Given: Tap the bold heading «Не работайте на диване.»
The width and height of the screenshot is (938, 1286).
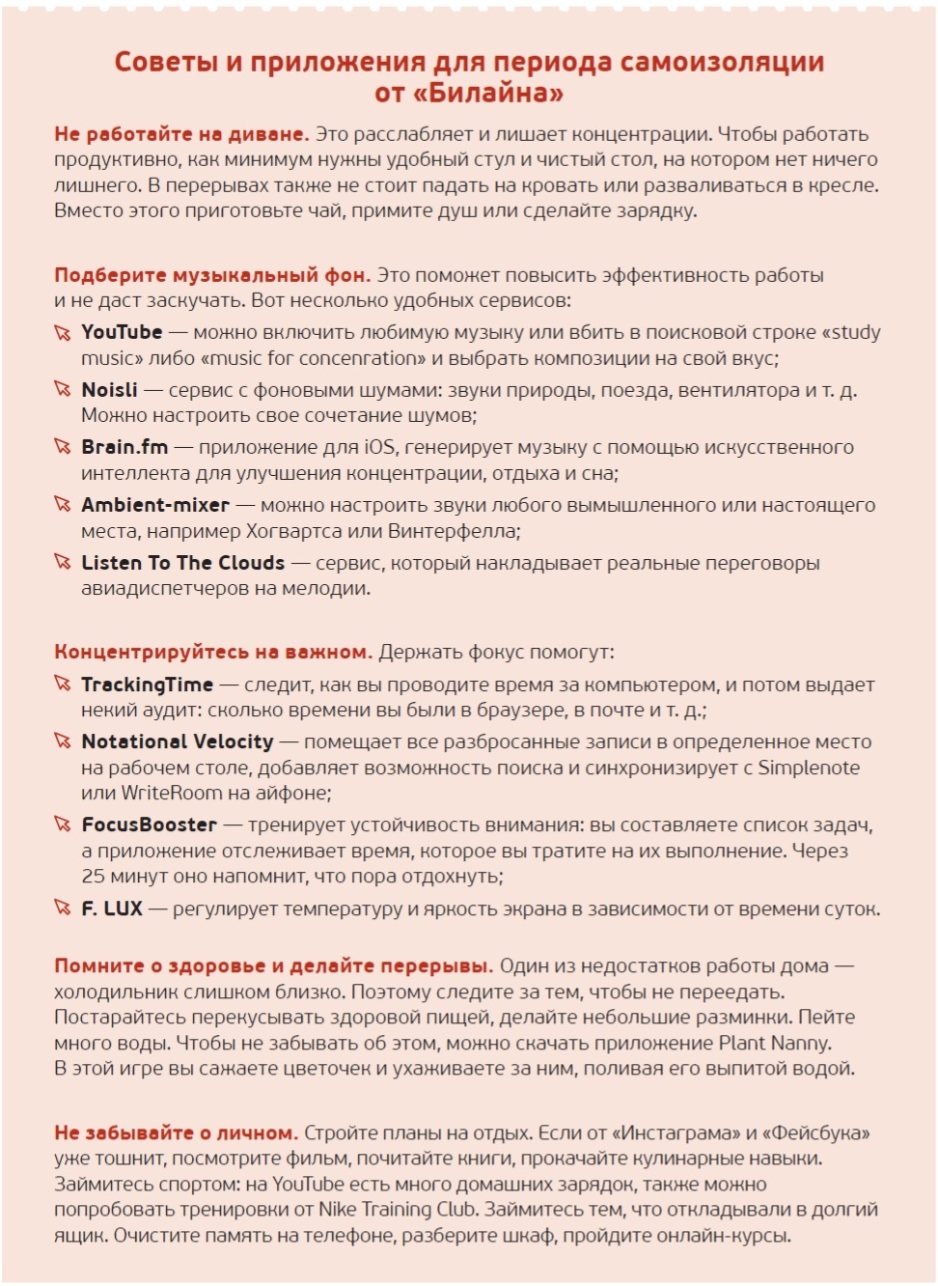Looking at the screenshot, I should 181,134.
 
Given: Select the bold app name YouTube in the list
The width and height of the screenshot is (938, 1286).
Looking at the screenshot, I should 122,332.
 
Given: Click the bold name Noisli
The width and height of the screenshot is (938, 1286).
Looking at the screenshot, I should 109,390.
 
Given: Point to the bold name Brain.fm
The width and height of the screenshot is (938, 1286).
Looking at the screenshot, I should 124,447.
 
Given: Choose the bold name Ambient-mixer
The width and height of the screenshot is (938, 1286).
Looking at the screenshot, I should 155,505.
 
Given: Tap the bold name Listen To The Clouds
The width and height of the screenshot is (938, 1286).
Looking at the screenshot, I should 182,563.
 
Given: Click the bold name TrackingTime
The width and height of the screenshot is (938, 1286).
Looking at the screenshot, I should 147,685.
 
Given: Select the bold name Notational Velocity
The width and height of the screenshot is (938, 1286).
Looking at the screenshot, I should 178,741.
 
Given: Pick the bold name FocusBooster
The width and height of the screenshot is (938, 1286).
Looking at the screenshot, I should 149,825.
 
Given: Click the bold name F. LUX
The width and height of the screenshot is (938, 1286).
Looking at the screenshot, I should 112,909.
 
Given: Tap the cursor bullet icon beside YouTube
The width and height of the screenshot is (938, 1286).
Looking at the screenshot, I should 63,333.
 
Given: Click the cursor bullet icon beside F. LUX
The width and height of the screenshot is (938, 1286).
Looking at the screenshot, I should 63,909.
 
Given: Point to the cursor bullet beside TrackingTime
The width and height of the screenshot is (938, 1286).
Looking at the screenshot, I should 63,685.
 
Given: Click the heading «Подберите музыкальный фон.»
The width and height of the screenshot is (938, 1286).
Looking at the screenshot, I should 212,275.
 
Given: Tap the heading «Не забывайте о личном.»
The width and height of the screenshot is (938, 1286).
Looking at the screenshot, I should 176,1132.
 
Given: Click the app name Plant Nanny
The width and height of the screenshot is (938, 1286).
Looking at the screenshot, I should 774,1043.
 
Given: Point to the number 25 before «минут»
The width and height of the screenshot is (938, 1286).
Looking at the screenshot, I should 93,877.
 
